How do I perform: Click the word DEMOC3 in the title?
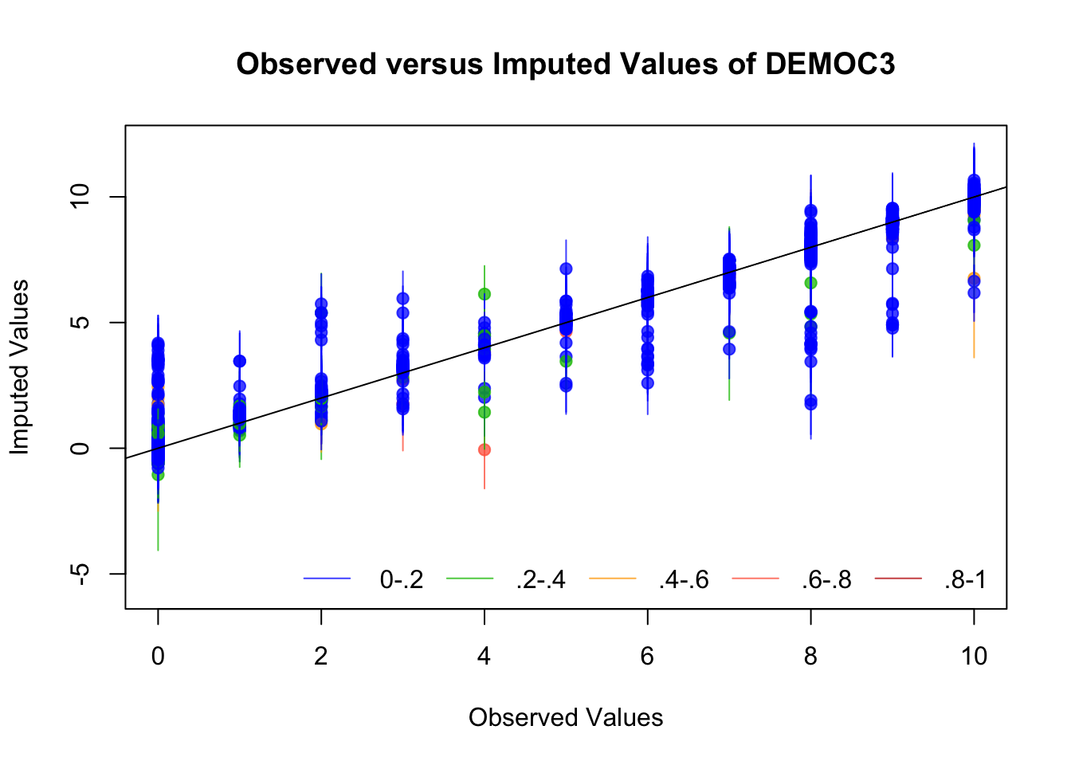(x=830, y=64)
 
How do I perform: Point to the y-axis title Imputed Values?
(x=20, y=367)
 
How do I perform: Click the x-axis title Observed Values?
(x=566, y=717)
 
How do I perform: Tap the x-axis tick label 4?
(x=484, y=656)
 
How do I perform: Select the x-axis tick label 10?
(x=974, y=656)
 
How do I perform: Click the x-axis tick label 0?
(x=158, y=656)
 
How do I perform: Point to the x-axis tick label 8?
(x=810, y=656)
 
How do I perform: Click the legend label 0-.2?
(x=402, y=579)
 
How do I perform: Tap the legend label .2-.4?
(x=541, y=579)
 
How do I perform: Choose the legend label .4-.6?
(x=685, y=579)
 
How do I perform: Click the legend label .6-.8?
(x=827, y=579)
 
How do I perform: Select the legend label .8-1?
(x=966, y=579)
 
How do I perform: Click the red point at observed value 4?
(x=484, y=449)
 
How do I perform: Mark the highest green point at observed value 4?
(x=484, y=293)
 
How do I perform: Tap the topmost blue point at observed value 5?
(x=566, y=269)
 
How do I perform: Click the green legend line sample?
(x=469, y=579)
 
